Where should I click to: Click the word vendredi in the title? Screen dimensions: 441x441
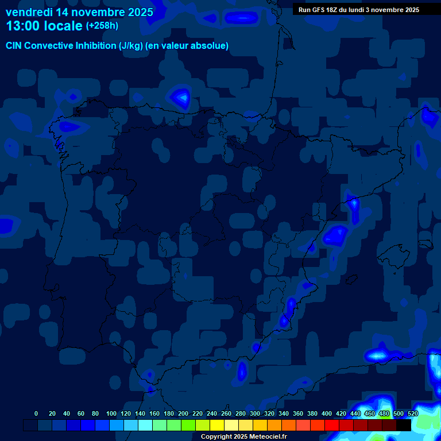[x=29, y=12]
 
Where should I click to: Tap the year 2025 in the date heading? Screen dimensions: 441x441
[x=138, y=12]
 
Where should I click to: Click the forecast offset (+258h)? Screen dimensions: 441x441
[x=102, y=26]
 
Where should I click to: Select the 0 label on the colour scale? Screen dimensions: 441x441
[x=36, y=413]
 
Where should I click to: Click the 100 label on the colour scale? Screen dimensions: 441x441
[x=111, y=413]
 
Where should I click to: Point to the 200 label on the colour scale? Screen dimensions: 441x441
[x=183, y=413]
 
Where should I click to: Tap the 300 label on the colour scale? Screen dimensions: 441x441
[x=255, y=413]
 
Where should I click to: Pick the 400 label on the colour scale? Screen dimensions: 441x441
[x=327, y=413]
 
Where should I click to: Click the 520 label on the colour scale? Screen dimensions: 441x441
[x=413, y=413]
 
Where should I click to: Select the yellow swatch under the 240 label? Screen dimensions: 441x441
[x=217, y=425]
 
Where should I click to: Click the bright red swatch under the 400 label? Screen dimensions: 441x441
[x=332, y=425]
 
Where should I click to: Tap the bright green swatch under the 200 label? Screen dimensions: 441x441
[x=188, y=425]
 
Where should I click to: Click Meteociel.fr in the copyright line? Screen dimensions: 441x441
[x=264, y=437]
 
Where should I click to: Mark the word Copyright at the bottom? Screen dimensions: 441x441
[x=216, y=437]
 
